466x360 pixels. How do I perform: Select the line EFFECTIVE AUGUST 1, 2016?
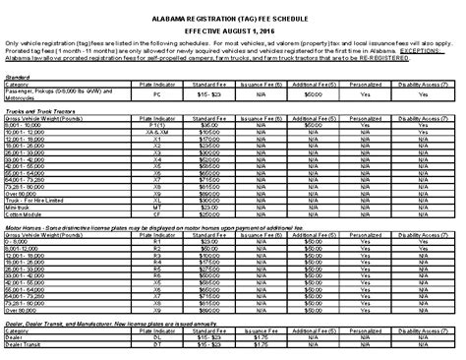[x=233, y=30]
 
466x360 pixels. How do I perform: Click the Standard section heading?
[x=18, y=75]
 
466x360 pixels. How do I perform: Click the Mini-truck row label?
[x=19, y=208]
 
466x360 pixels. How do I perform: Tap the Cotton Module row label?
[x=24, y=214]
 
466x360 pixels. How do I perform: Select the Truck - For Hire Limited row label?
[x=36, y=200]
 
